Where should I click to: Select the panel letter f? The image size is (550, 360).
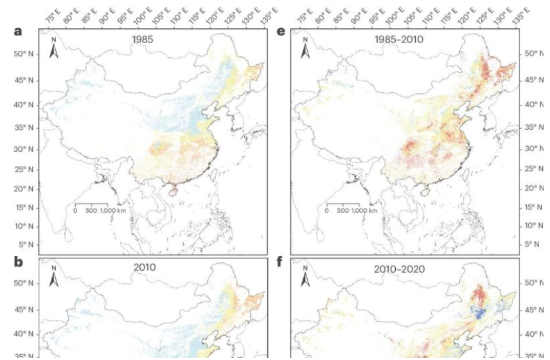[x=281, y=262]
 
